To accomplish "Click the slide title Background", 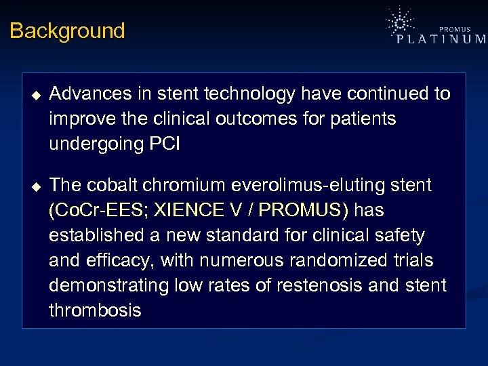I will (x=67, y=31).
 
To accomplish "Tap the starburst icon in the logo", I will (x=401, y=23).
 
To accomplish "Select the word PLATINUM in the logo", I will (x=441, y=39).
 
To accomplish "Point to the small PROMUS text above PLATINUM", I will (x=455, y=28).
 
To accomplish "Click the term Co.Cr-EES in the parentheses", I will (x=101, y=211).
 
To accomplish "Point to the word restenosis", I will (x=315, y=286).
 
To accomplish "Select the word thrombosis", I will (x=95, y=311).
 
